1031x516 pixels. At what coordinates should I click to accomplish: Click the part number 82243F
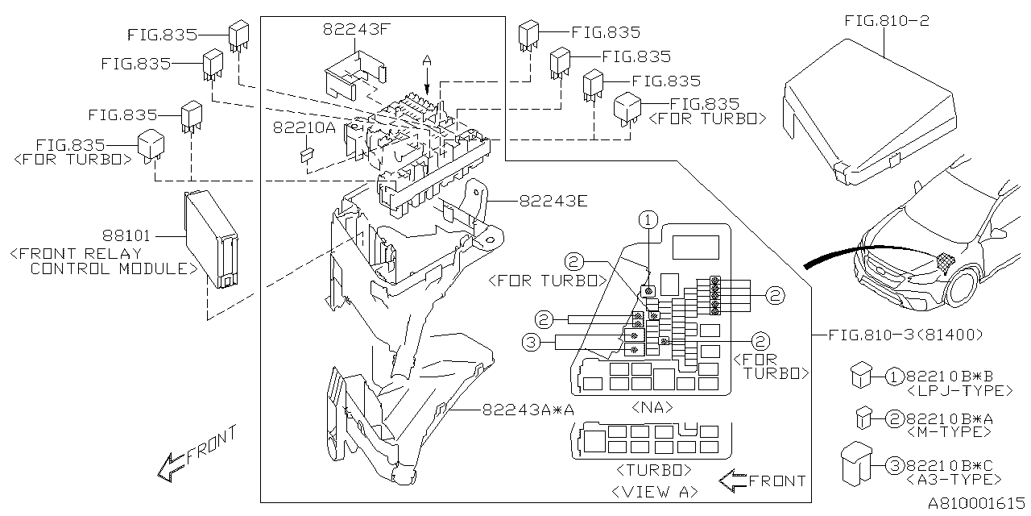(355, 31)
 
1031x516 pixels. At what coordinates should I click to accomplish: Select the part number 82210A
(304, 127)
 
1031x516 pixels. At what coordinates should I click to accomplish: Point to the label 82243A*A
(528, 410)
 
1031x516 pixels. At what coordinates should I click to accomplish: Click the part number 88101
(126, 236)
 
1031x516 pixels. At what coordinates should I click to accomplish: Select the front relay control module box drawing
(212, 239)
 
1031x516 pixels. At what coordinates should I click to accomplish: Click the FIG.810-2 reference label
(886, 20)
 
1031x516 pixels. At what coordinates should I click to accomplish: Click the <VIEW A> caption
(654, 491)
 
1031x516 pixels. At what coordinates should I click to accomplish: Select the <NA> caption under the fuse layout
(652, 408)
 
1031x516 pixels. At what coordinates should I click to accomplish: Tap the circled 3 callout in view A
(531, 343)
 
